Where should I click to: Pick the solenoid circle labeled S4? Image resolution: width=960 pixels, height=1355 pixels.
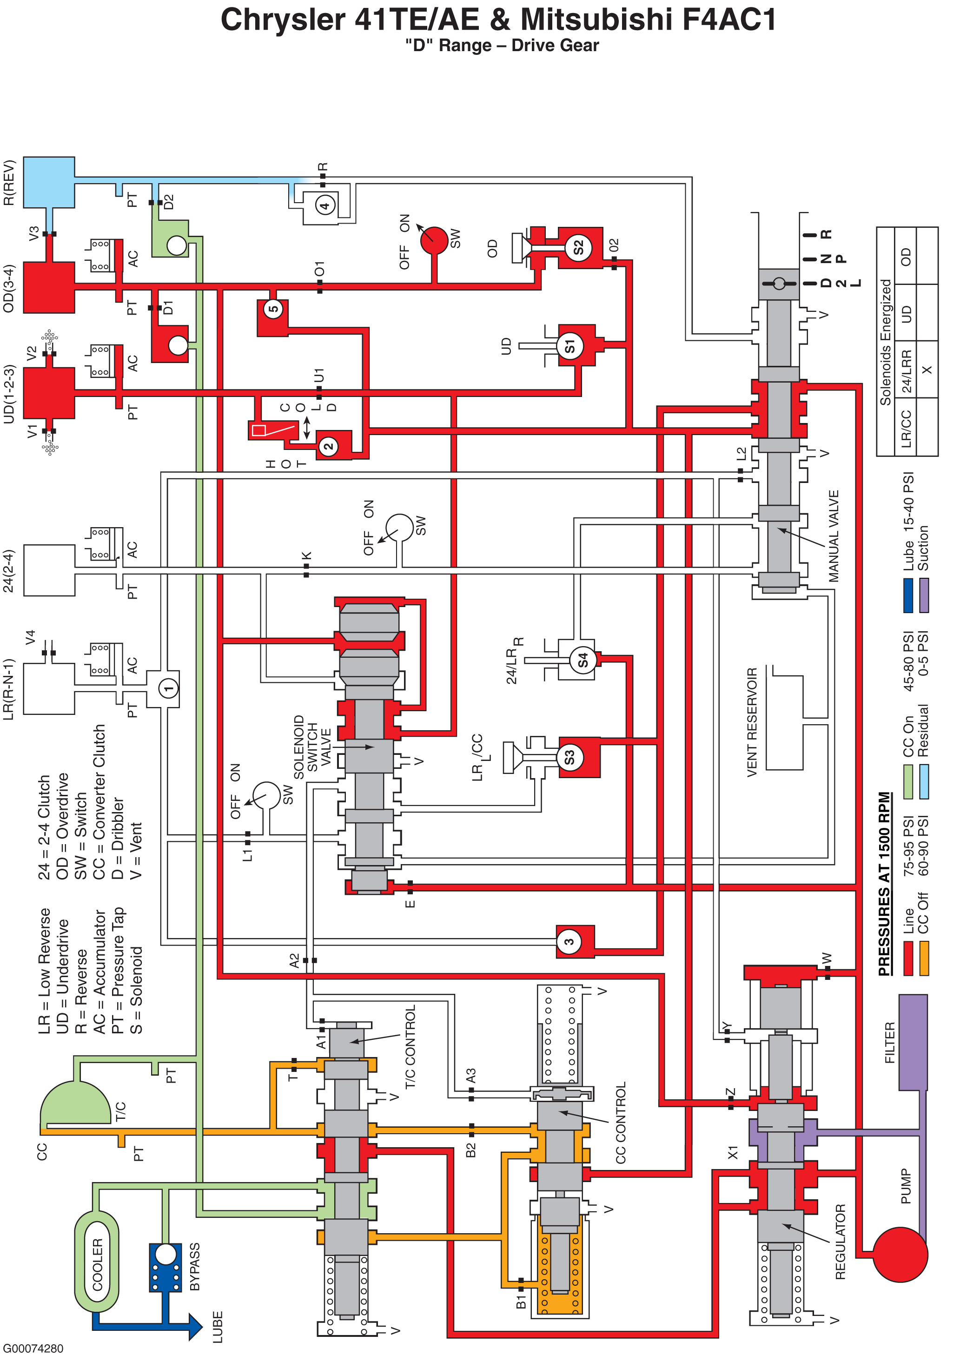(x=583, y=660)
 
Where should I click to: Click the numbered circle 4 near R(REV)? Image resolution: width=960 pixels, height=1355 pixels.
(x=324, y=205)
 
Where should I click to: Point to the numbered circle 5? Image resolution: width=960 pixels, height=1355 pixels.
(x=273, y=309)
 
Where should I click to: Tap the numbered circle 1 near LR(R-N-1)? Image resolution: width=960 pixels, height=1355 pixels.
(x=168, y=688)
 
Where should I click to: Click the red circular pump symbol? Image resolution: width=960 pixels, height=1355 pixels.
(x=900, y=1255)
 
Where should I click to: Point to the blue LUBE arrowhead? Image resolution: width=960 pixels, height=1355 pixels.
(x=196, y=1326)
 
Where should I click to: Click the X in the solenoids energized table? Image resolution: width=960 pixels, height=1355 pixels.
(x=927, y=370)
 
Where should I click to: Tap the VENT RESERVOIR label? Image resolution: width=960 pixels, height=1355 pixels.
(x=752, y=722)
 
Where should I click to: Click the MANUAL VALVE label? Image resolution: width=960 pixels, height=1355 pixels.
(x=834, y=536)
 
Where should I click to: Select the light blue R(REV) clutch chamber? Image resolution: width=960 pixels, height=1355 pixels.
(x=49, y=182)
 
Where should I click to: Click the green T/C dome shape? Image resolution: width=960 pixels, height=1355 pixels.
(x=75, y=1103)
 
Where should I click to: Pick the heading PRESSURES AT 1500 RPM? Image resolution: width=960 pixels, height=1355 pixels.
(x=884, y=884)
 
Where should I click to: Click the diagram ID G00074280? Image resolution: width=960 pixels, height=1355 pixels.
(x=33, y=1348)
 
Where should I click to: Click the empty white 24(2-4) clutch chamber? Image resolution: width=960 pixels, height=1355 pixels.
(x=49, y=570)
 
